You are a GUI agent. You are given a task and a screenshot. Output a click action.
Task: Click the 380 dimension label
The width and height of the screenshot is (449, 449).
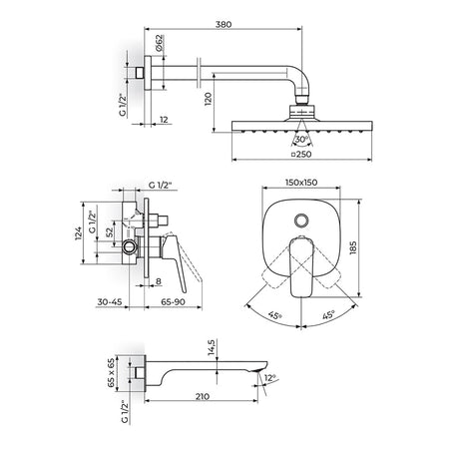click(x=224, y=24)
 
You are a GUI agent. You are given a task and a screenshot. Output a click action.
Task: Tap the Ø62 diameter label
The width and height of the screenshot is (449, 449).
click(x=159, y=43)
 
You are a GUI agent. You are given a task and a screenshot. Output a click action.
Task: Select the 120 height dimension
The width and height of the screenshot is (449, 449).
click(x=208, y=99)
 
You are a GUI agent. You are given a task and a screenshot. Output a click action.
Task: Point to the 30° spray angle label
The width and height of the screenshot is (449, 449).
click(x=301, y=140)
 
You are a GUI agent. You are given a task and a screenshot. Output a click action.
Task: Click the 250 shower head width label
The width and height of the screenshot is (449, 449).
click(x=301, y=154)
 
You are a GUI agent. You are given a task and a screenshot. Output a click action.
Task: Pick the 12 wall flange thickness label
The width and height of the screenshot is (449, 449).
click(x=164, y=120)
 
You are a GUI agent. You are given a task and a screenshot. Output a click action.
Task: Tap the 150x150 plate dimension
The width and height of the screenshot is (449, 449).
click(x=301, y=183)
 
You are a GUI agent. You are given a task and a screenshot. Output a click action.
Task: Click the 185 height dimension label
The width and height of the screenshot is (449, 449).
click(x=353, y=247)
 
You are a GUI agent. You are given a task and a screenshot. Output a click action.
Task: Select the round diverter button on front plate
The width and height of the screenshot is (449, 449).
click(x=301, y=221)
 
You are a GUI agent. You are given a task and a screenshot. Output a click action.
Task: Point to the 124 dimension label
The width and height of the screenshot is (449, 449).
click(x=78, y=233)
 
